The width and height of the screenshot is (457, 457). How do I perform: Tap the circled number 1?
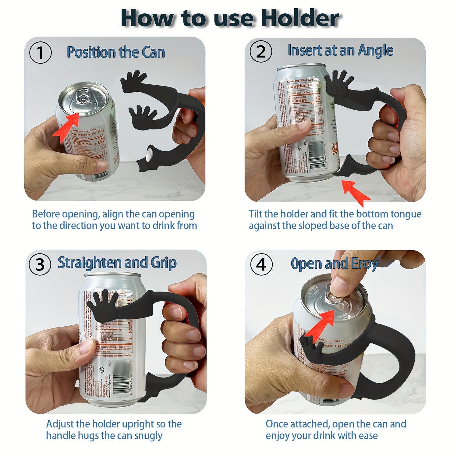pyautogui.click(x=40, y=53)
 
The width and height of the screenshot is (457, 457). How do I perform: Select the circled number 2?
pyautogui.click(x=261, y=51)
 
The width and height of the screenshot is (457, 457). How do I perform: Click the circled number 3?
pyautogui.click(x=40, y=264)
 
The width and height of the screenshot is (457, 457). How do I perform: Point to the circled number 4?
pyautogui.click(x=261, y=264)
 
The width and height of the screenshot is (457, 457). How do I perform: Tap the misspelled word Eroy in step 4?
pyautogui.click(x=365, y=264)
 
